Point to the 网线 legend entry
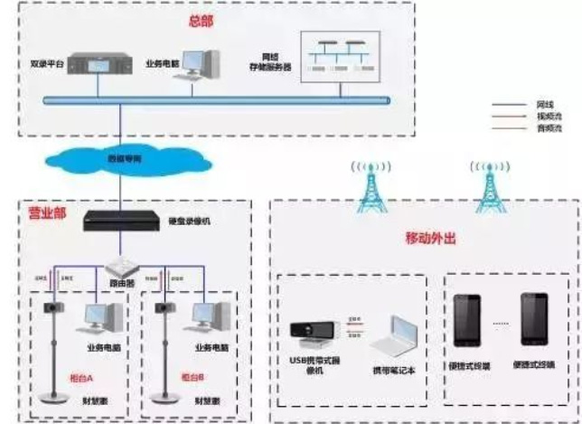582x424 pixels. pos(544,105)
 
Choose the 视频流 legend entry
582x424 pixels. pos(544,117)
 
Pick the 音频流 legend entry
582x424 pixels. pos(544,128)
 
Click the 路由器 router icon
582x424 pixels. pos(121,268)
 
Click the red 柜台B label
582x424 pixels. pos(192,376)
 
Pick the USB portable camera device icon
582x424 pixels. pos(314,334)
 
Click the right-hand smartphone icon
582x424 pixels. pos(532,318)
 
